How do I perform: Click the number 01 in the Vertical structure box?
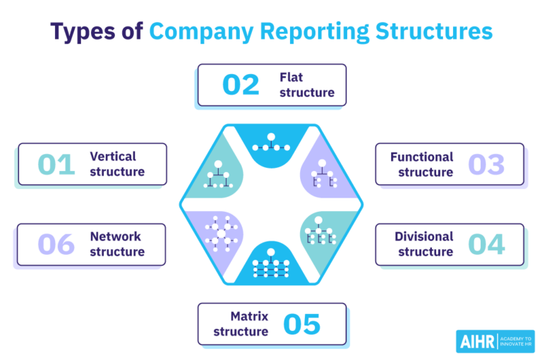[56, 164]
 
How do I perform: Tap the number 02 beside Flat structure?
[241, 85]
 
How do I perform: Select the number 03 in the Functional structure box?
[486, 164]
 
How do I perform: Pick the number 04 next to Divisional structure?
[486, 244]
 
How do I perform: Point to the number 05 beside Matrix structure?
[302, 324]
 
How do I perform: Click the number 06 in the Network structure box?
[56, 244]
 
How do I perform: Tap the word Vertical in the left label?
[113, 156]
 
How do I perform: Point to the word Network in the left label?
[115, 236]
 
